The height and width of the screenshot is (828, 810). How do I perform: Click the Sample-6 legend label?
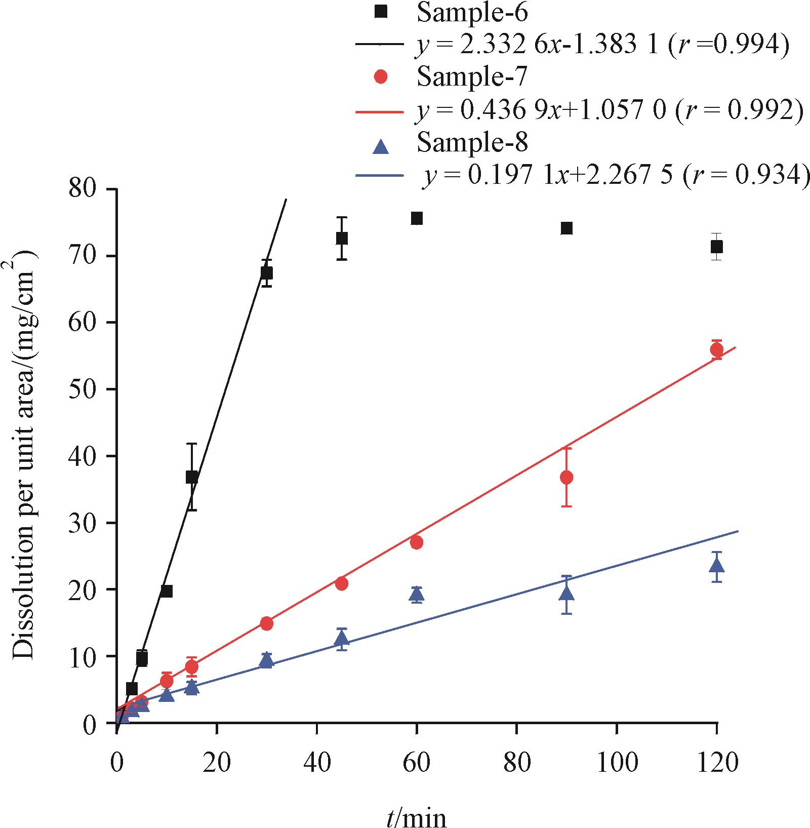[472, 14]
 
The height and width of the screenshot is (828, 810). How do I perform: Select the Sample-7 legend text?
[472, 77]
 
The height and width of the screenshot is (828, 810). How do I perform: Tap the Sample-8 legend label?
[472, 143]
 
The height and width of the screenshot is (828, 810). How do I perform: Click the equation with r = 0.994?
[602, 46]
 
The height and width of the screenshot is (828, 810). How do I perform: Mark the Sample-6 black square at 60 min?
[417, 218]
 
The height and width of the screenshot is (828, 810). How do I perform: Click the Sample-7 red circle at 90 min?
[566, 477]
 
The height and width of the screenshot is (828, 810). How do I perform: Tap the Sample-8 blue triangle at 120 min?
[716, 565]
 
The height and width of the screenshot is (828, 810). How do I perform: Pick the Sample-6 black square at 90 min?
[566, 228]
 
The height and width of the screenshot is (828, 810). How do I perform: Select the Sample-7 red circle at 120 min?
[716, 349]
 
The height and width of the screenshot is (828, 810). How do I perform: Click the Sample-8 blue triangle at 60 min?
[417, 594]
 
